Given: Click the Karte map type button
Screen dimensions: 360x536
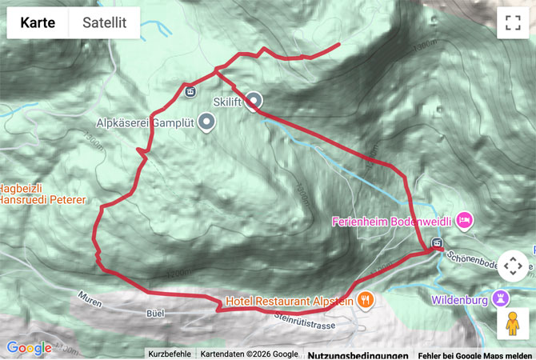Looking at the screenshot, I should click(x=38, y=23).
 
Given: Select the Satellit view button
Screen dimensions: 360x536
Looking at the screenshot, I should click(x=104, y=23).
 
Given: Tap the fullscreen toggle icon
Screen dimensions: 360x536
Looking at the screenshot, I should click(x=512, y=23).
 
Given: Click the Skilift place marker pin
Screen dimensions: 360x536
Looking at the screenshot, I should click(x=254, y=101).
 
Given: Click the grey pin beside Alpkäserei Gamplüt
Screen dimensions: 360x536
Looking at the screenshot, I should click(x=207, y=122).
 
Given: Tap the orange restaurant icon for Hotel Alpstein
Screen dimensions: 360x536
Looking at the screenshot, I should click(x=366, y=300).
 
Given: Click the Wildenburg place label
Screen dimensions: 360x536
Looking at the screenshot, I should click(x=459, y=301).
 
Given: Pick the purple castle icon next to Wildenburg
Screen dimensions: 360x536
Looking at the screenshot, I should click(x=502, y=299).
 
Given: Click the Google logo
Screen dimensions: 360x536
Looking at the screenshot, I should click(x=29, y=348).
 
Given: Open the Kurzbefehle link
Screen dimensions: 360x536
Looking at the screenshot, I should click(x=170, y=354).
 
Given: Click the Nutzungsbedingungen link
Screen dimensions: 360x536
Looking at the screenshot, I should click(x=358, y=355).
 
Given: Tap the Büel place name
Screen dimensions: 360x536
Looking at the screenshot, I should click(x=156, y=314).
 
